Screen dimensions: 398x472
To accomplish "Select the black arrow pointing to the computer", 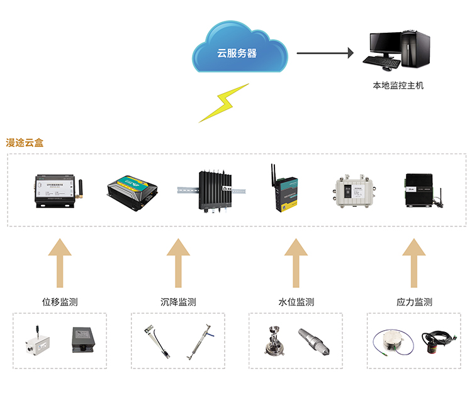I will pos(325,53).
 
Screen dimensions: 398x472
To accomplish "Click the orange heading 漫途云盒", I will pos(25,143).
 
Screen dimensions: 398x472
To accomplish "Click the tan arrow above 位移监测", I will pos(60,263).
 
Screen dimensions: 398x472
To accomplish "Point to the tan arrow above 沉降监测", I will pos(178,263).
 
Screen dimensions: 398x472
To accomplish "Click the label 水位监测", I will pos(296,302).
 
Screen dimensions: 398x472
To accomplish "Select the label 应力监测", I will pos(414,302).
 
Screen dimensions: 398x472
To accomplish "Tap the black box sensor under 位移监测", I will pos(82,340).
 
